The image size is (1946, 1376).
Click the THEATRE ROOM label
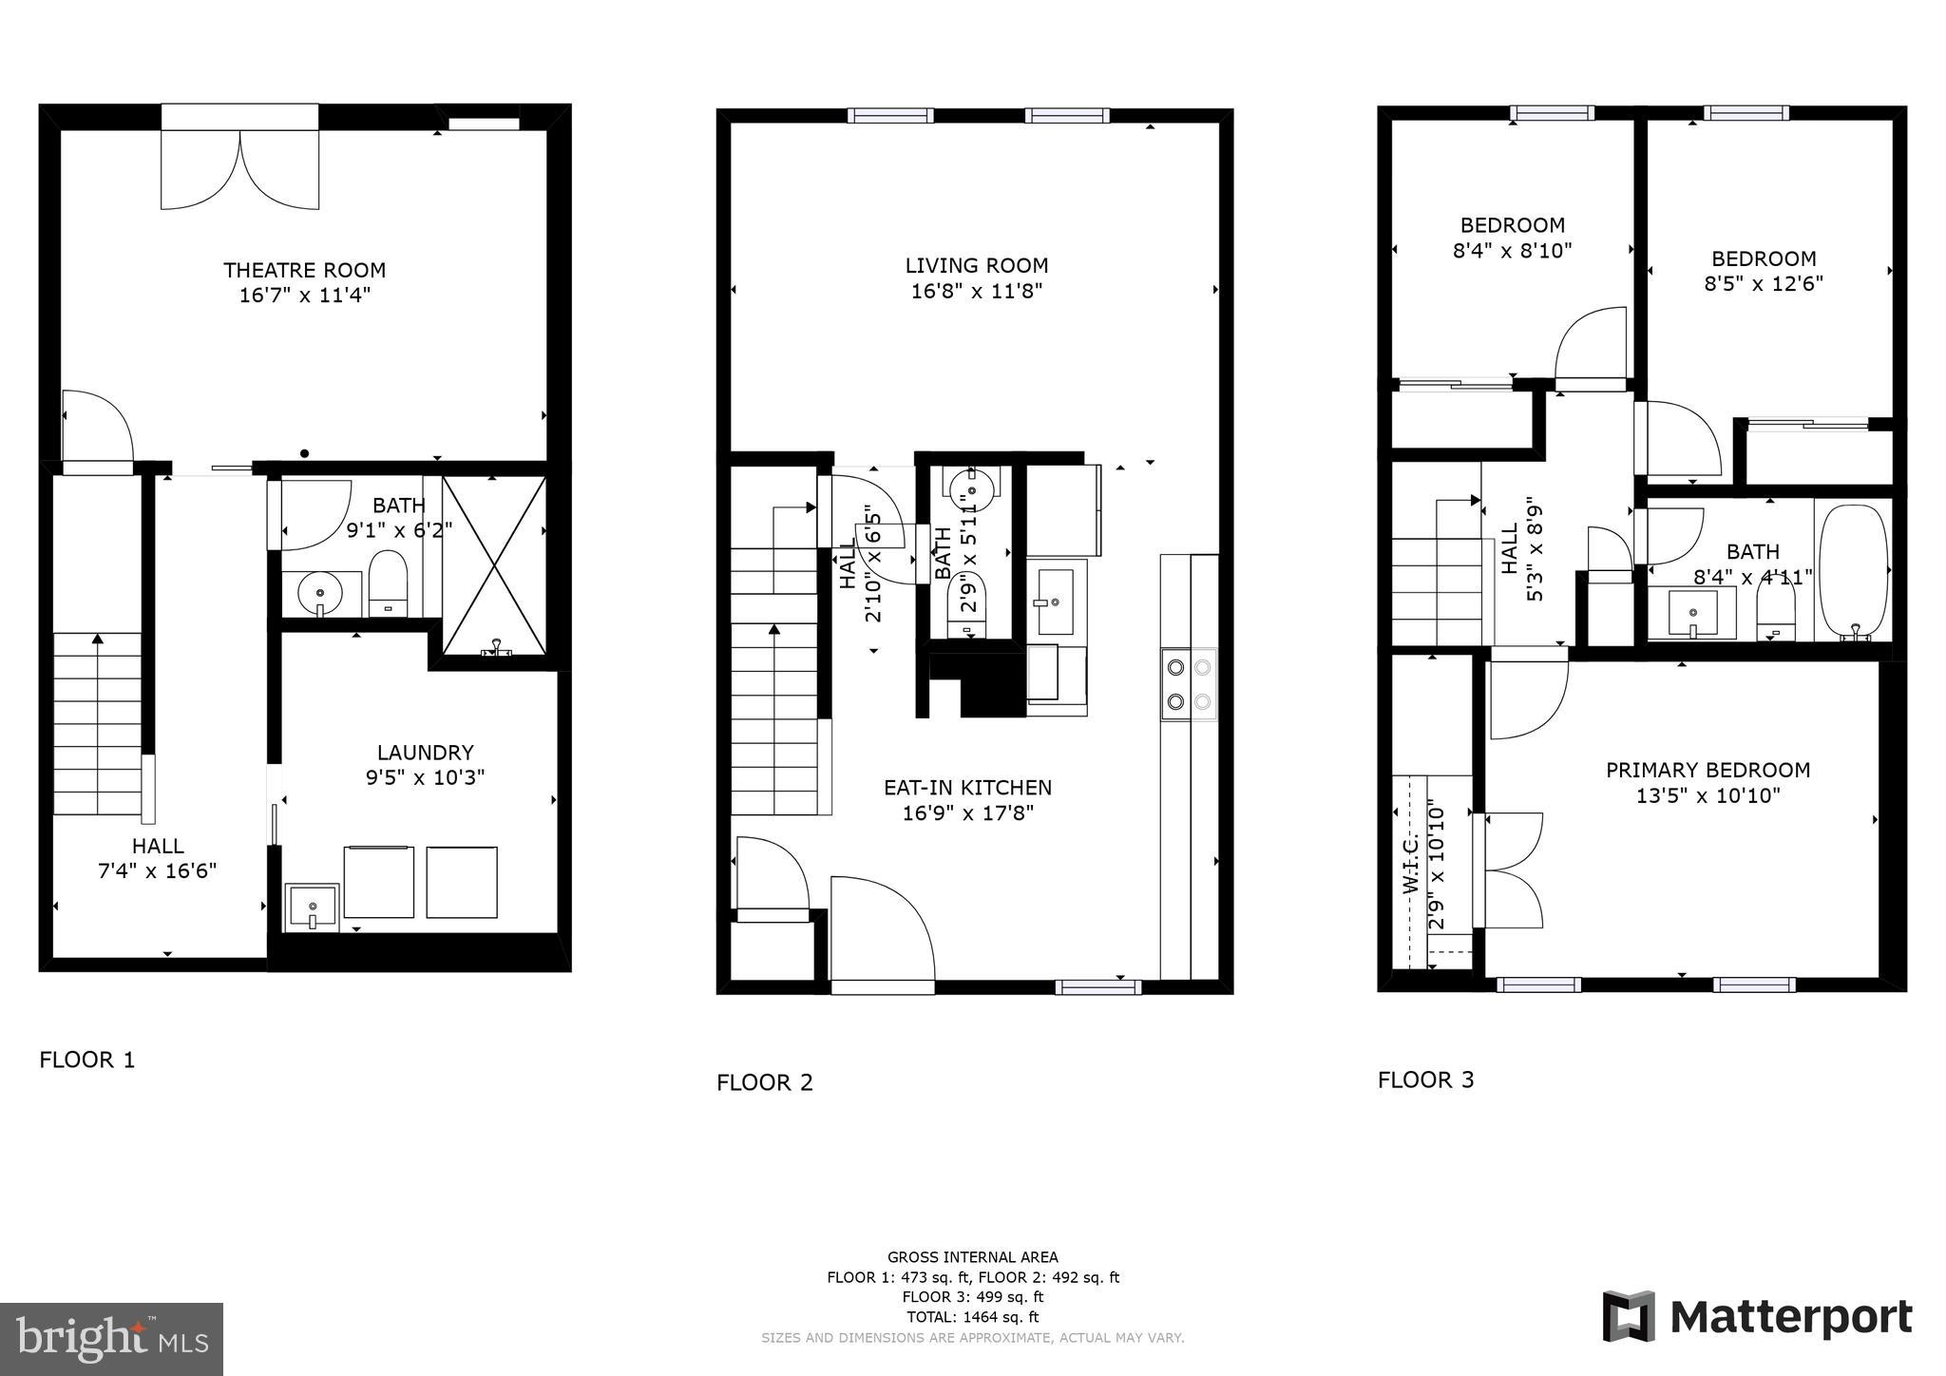tap(304, 270)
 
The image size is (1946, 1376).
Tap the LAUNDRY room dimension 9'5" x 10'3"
tap(425, 778)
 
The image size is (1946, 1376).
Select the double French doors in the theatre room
tap(239, 168)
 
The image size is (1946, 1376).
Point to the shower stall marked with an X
tap(494, 566)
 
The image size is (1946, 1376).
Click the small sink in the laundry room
tap(312, 908)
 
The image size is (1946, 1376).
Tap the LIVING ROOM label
tap(977, 266)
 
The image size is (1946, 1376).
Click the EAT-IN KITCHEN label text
tap(967, 788)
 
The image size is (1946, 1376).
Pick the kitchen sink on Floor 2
tap(1055, 602)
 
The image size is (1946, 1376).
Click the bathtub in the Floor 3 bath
tap(1853, 573)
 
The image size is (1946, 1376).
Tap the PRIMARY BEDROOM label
tap(1708, 770)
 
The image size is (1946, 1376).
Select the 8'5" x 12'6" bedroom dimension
tap(1764, 284)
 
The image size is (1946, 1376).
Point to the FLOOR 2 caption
tap(765, 1083)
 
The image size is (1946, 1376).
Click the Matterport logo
tap(1757, 1317)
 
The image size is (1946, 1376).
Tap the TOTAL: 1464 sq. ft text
tap(972, 1317)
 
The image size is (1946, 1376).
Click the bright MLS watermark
tap(111, 1339)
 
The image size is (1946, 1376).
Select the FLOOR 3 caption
tap(1425, 1080)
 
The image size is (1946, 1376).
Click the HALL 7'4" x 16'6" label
tap(159, 858)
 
